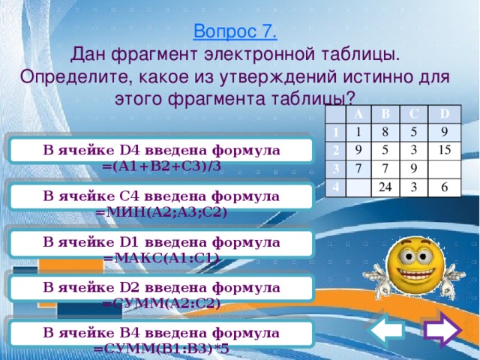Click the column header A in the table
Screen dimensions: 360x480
pyautogui.click(x=358, y=113)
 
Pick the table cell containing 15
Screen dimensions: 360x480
pyautogui.click(x=442, y=150)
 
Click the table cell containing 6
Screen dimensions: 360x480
pyautogui.click(x=445, y=186)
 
